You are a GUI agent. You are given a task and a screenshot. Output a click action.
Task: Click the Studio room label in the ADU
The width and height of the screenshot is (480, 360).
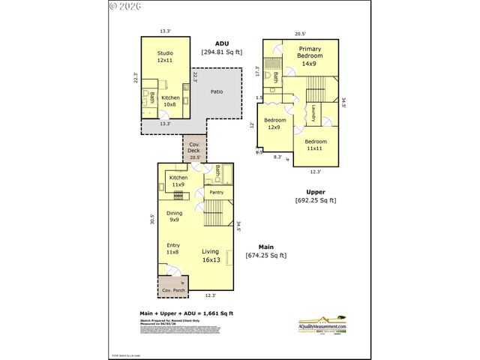click(x=165, y=56)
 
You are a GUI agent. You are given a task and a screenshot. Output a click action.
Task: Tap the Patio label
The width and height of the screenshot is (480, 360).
click(x=216, y=92)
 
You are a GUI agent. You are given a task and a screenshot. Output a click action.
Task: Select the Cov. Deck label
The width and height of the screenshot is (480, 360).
click(x=194, y=149)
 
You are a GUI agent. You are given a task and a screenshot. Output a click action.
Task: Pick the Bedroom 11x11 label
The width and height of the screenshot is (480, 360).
click(x=315, y=145)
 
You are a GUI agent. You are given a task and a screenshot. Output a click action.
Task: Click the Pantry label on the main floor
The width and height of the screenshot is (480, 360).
click(x=217, y=193)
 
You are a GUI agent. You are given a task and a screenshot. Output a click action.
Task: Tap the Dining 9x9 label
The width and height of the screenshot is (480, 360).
click(x=174, y=217)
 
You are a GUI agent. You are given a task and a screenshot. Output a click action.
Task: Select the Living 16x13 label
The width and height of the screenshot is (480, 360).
click(x=210, y=256)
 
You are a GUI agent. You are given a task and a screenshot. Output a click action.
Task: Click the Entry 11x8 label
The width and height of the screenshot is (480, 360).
click(x=173, y=248)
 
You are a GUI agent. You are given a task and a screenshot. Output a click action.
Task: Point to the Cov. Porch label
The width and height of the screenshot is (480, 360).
click(x=173, y=290)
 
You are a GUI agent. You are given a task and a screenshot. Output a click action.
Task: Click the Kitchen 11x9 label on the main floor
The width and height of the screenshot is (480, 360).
click(x=178, y=181)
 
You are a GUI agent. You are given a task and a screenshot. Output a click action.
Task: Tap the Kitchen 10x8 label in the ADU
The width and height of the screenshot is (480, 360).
click(x=170, y=100)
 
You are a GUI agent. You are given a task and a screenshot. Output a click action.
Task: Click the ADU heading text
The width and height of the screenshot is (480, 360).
click(x=221, y=43)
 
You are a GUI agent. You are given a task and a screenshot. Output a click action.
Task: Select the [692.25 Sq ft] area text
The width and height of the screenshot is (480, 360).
click(x=315, y=200)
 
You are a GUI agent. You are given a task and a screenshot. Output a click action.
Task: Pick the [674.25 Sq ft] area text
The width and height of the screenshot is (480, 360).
click(x=266, y=256)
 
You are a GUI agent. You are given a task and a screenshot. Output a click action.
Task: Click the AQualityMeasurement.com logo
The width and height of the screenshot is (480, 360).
click(x=323, y=323)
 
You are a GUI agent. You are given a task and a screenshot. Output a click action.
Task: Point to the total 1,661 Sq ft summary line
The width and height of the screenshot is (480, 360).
click(x=187, y=313)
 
